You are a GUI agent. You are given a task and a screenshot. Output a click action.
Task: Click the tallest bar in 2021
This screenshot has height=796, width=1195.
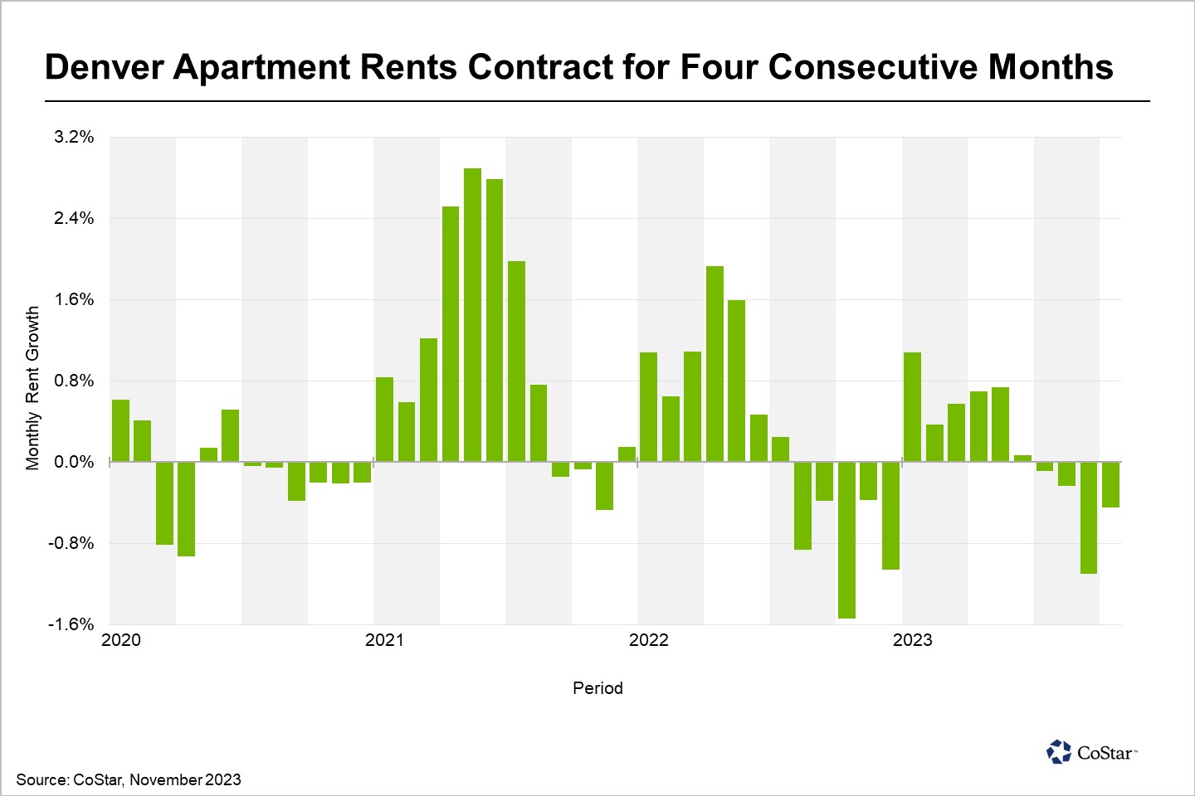[x=472, y=315]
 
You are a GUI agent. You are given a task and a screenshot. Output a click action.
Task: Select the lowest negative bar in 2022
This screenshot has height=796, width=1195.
[x=846, y=540]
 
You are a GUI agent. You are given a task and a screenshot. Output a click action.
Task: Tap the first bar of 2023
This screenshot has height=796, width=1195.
[x=912, y=407]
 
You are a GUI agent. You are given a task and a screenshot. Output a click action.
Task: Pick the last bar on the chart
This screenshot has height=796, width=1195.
[x=1110, y=484]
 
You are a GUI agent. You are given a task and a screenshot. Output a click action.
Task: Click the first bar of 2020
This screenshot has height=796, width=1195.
[x=120, y=430]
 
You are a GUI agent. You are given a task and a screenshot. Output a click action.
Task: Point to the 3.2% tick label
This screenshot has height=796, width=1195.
[x=74, y=137]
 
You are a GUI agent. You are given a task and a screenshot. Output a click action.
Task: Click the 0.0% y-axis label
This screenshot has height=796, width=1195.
[x=74, y=462]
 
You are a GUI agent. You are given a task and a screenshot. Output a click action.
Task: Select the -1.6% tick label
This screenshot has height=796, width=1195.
[x=71, y=624]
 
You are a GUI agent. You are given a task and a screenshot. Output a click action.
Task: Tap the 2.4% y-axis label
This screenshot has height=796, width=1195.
[x=74, y=218]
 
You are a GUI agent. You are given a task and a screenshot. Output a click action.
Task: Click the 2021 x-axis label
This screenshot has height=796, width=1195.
[x=384, y=640]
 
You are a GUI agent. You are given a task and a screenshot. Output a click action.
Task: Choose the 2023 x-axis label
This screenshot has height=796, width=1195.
[x=912, y=640]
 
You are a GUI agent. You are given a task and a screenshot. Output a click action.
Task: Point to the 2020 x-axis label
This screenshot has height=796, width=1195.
[x=121, y=640]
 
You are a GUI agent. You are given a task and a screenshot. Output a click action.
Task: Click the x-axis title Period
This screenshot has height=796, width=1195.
[x=597, y=688]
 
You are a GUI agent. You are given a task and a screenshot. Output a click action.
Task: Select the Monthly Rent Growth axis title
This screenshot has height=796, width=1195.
[x=32, y=388]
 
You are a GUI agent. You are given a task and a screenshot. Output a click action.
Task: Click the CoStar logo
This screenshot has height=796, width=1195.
[x=1091, y=752]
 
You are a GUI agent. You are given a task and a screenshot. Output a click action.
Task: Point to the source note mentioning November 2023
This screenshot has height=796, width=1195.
[x=129, y=779]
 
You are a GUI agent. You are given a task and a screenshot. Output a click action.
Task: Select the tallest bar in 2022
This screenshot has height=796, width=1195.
[x=715, y=364]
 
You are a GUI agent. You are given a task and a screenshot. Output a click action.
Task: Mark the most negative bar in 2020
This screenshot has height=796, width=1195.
[x=186, y=509]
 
